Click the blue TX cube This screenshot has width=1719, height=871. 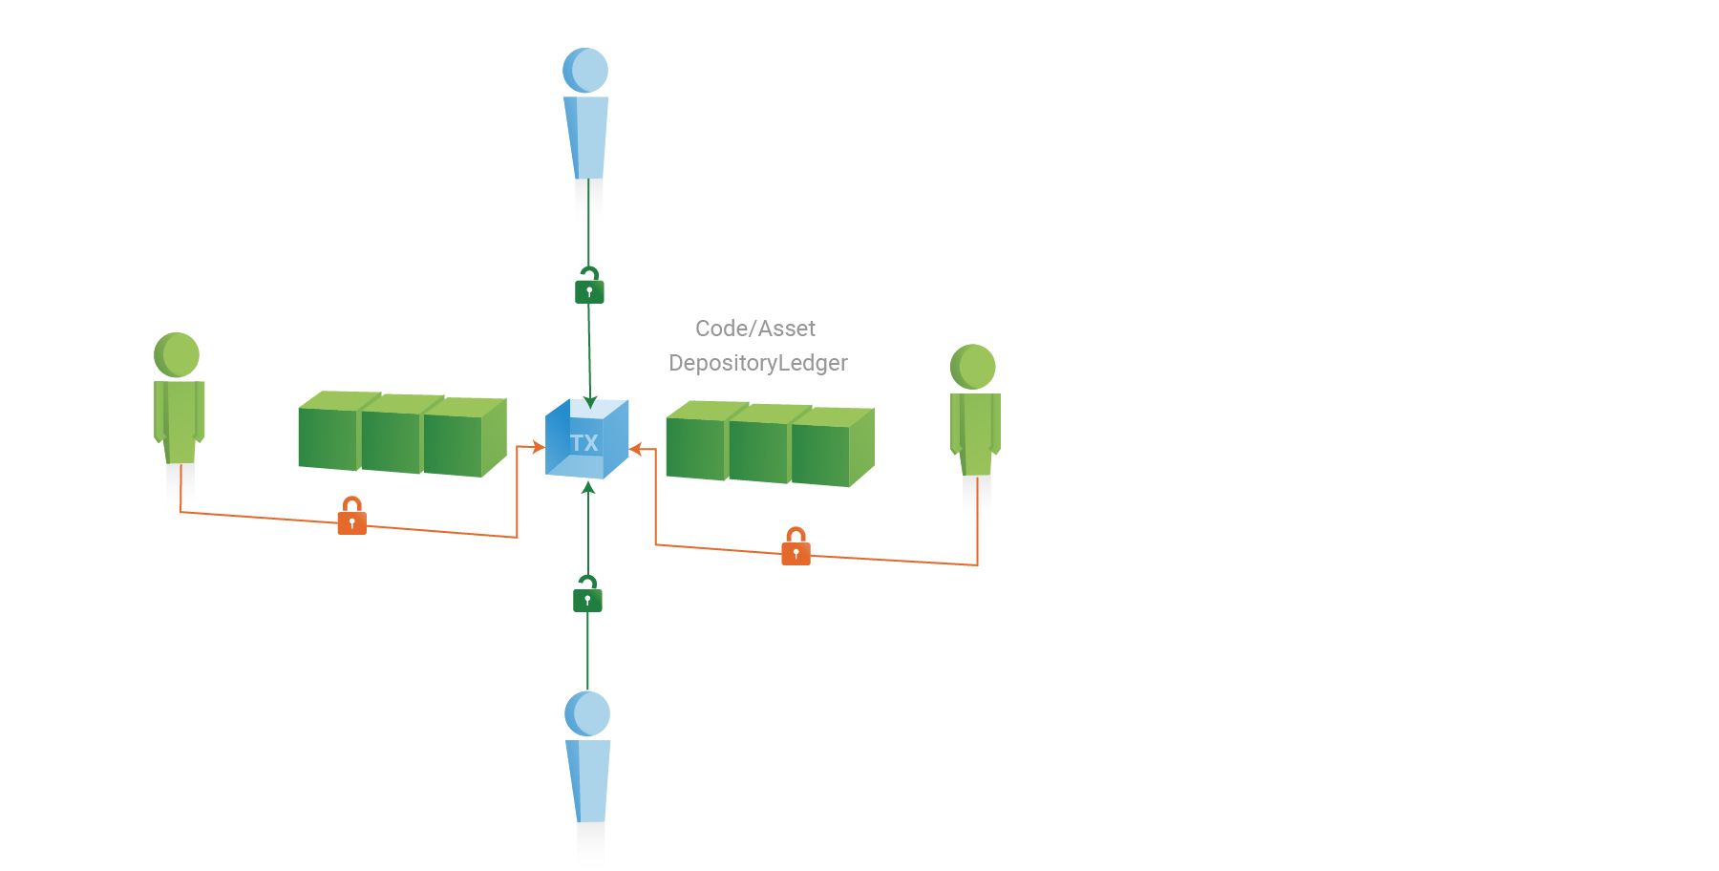tap(586, 439)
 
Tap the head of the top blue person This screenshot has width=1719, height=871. tap(585, 70)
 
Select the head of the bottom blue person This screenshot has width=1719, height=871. tap(587, 713)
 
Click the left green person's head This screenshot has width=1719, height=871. tap(177, 355)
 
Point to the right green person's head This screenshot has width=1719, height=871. tap(973, 367)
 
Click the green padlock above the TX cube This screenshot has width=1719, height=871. tap(589, 286)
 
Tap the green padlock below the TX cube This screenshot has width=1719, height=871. tap(587, 594)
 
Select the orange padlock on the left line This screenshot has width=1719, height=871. tap(352, 516)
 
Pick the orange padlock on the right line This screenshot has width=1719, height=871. tap(796, 546)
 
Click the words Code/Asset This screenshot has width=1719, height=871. tap(755, 329)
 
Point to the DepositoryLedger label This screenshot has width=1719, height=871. tap(758, 363)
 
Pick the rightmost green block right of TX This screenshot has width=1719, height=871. tap(830, 447)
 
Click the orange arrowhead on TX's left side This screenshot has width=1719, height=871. tap(539, 447)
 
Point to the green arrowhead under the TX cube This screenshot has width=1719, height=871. tap(588, 488)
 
